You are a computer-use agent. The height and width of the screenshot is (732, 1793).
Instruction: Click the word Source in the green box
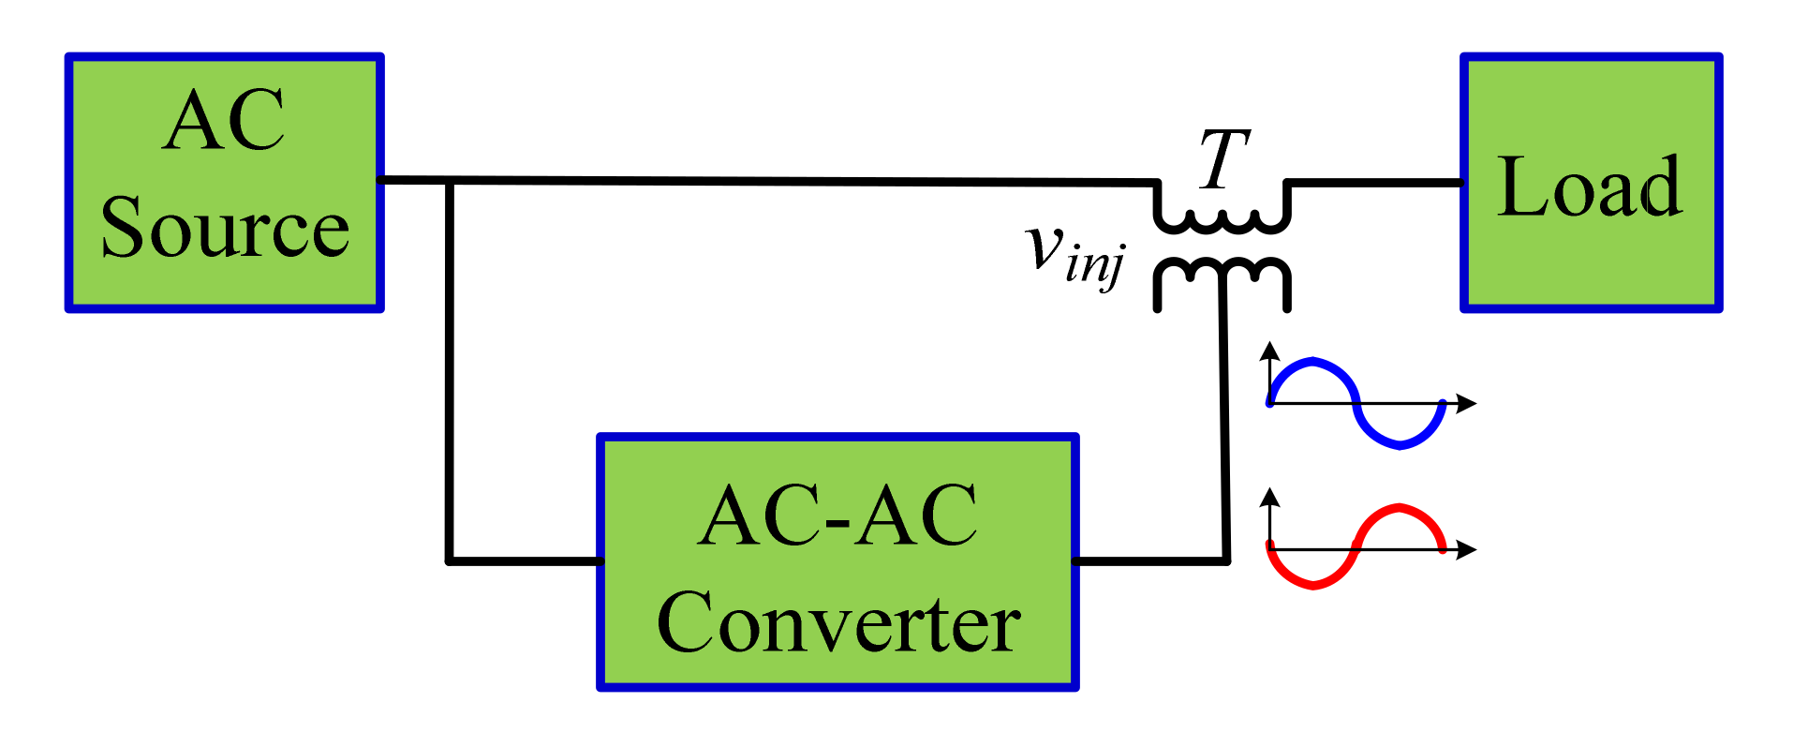pyautogui.click(x=224, y=229)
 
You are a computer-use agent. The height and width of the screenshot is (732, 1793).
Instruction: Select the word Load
pyautogui.click(x=1590, y=187)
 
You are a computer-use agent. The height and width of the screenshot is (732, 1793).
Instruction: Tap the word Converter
pyautogui.click(x=837, y=623)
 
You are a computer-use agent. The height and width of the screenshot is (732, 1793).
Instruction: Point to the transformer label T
pyautogui.click(x=1223, y=158)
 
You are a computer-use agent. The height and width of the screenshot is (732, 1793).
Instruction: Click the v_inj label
pyautogui.click(x=1074, y=253)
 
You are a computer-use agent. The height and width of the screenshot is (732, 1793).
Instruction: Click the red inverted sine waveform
pyautogui.click(x=1356, y=547)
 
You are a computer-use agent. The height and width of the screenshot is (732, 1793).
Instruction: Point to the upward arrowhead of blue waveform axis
pyautogui.click(x=1269, y=351)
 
